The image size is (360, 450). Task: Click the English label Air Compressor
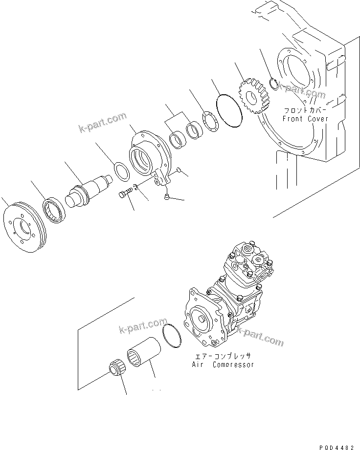223,364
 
